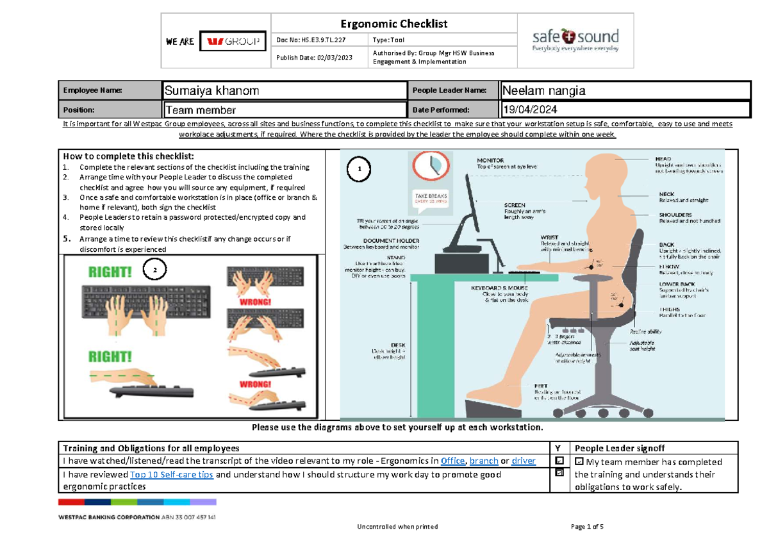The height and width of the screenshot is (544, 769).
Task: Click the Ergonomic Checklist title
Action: pos(393,24)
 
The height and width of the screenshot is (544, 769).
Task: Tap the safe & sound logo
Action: pos(575,40)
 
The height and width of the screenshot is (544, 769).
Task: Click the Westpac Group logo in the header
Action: pos(232,42)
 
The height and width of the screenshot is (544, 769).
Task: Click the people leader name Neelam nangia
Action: pos(543,91)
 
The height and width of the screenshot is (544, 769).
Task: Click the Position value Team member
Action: pos(201,110)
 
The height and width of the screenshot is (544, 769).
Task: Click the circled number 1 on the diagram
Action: pos(360,169)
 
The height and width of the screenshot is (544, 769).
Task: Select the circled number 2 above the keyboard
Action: pos(154,271)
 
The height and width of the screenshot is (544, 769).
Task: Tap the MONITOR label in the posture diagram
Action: pos(490,160)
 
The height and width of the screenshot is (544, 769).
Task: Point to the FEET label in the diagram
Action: pos(541,386)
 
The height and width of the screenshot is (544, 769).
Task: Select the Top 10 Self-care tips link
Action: pos(171,475)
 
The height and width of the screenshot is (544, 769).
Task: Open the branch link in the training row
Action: pos(483,461)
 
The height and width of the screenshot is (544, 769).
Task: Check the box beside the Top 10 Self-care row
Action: pos(559,473)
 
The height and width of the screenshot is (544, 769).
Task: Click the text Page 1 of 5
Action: pos(586,527)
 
